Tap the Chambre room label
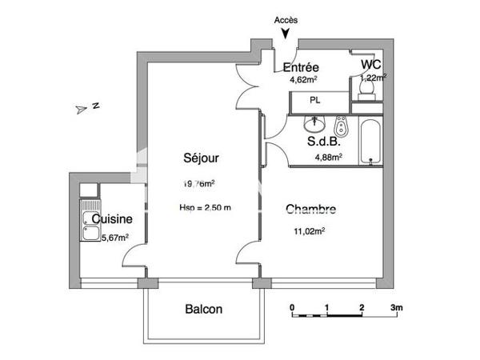tap(310, 210)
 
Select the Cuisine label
tap(111, 218)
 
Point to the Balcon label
tap(204, 310)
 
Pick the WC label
tap(370, 64)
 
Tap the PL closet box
tap(318, 101)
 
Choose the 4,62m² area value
tap(302, 80)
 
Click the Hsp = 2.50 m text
tap(206, 208)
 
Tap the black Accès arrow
tap(286, 33)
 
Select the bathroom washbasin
tap(314, 125)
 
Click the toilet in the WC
tap(367, 94)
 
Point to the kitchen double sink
tap(89, 225)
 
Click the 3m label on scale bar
tap(396, 307)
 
